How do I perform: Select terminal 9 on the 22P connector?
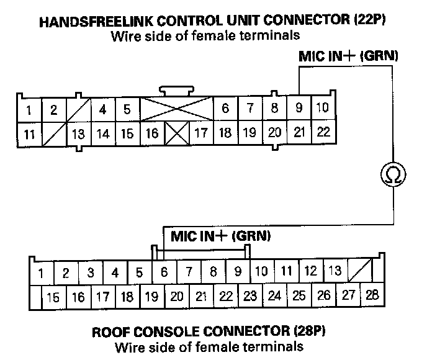pos(299,109)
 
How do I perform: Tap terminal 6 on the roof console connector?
pos(164,272)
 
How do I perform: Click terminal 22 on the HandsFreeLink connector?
pos(323,132)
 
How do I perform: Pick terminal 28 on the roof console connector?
pos(372,295)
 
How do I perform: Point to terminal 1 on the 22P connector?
pos(29,110)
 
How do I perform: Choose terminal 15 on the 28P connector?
pos(53,297)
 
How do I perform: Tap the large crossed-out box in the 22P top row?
pos(177,108)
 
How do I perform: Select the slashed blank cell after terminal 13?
pos(359,271)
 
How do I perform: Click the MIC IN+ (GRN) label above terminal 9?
pos(348,56)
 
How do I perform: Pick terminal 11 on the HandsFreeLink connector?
pos(29,133)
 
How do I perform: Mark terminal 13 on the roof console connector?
pos(335,271)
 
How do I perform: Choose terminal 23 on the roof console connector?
pos(249,296)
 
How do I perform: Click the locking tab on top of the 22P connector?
pos(177,90)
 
